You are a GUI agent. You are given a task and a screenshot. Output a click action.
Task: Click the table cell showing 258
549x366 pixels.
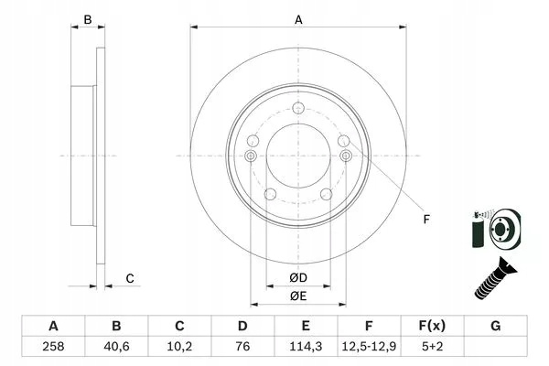tap(53, 347)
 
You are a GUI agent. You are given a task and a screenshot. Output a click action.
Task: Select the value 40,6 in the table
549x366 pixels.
tap(116, 347)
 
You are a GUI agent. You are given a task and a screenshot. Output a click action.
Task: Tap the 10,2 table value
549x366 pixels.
tap(179, 347)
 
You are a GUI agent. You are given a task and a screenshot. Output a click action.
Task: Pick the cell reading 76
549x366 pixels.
tap(242, 347)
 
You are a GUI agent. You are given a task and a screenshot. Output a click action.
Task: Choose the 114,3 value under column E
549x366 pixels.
tap(306, 347)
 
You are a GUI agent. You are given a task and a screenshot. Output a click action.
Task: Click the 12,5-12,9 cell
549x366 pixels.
tap(369, 347)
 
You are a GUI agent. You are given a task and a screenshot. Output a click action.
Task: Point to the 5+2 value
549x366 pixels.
tap(432, 347)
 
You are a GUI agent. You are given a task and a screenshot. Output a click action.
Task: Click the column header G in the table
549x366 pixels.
tap(495, 326)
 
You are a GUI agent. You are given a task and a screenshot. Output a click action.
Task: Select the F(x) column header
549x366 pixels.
tap(432, 326)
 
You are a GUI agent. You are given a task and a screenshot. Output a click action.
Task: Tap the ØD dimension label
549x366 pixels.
tap(298, 278)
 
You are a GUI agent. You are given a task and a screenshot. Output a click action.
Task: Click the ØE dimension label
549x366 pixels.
tap(298, 296)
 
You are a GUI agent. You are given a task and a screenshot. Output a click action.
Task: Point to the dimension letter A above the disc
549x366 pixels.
tap(298, 20)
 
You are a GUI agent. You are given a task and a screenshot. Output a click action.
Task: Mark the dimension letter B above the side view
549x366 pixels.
tap(88, 20)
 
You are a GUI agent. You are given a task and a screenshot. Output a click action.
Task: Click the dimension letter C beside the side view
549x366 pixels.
tap(130, 279)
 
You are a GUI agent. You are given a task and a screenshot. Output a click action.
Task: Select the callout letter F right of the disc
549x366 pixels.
tap(426, 220)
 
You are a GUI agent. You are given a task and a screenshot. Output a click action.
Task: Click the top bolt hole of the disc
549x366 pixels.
tap(298, 108)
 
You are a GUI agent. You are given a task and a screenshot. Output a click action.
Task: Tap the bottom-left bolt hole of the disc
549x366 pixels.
tap(270, 194)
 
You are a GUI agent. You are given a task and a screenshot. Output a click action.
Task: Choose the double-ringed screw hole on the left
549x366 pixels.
tap(251, 156)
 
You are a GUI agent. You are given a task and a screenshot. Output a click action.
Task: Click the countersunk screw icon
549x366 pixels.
tap(495, 278)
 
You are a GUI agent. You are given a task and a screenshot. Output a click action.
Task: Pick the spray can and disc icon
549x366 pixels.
tap(496, 229)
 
